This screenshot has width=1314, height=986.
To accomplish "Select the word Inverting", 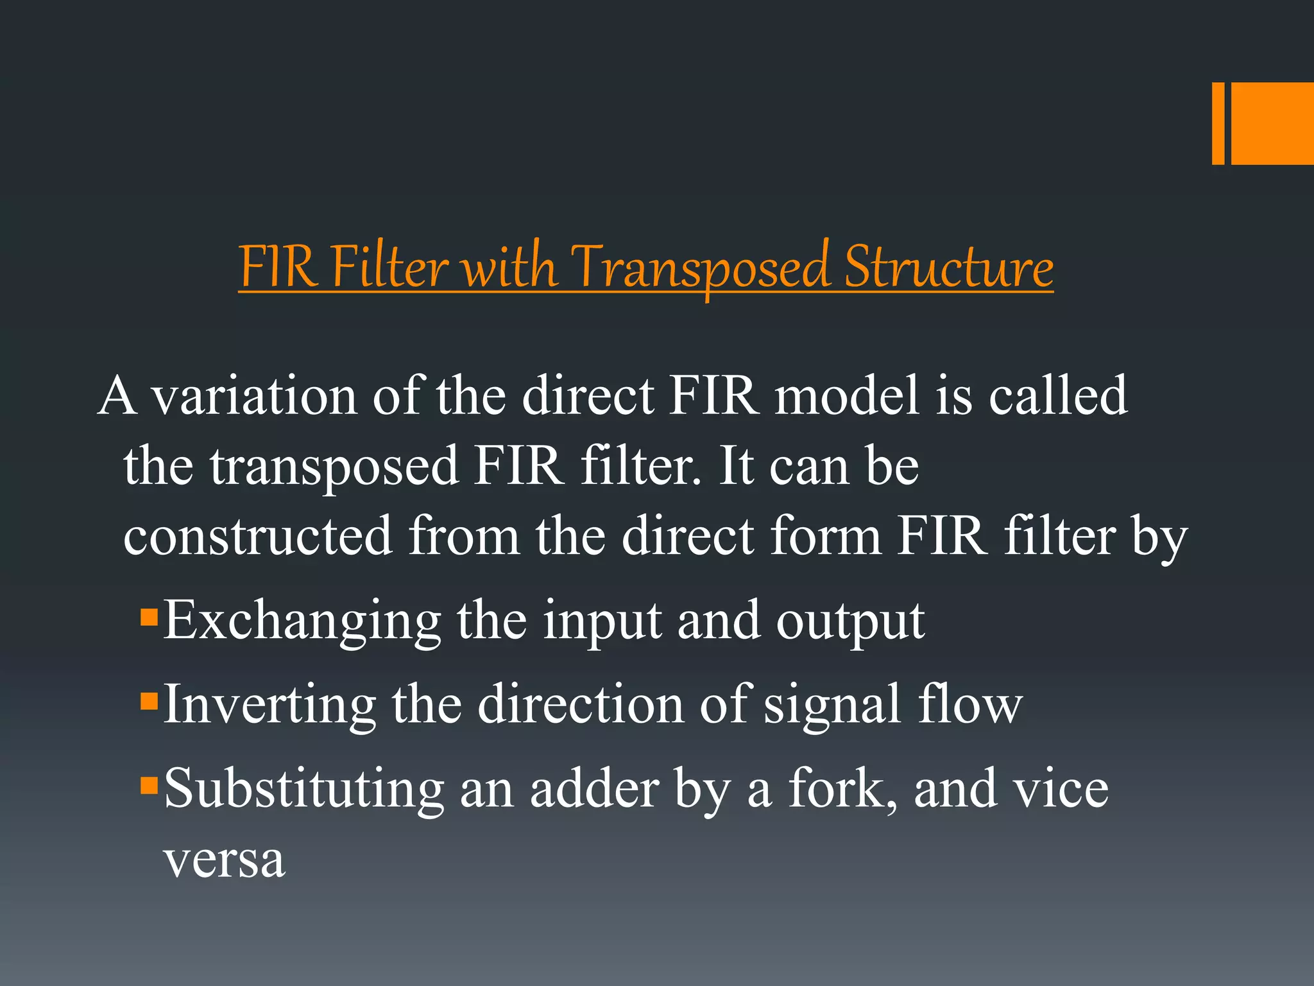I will pyautogui.click(x=269, y=705).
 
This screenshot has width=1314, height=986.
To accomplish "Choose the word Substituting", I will pyautogui.click(x=303, y=789).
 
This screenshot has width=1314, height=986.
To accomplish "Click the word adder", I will pyautogui.click(x=594, y=789).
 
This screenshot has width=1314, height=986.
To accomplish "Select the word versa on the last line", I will pyautogui.click(x=224, y=860).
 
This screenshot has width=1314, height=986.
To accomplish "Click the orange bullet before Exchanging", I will pyautogui.click(x=149, y=618).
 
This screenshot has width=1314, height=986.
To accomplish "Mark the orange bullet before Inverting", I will pyautogui.click(x=149, y=700).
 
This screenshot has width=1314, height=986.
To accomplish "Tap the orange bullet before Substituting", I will pyautogui.click(x=149, y=784).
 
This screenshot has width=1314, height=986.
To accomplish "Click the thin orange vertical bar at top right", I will pyautogui.click(x=1218, y=123).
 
